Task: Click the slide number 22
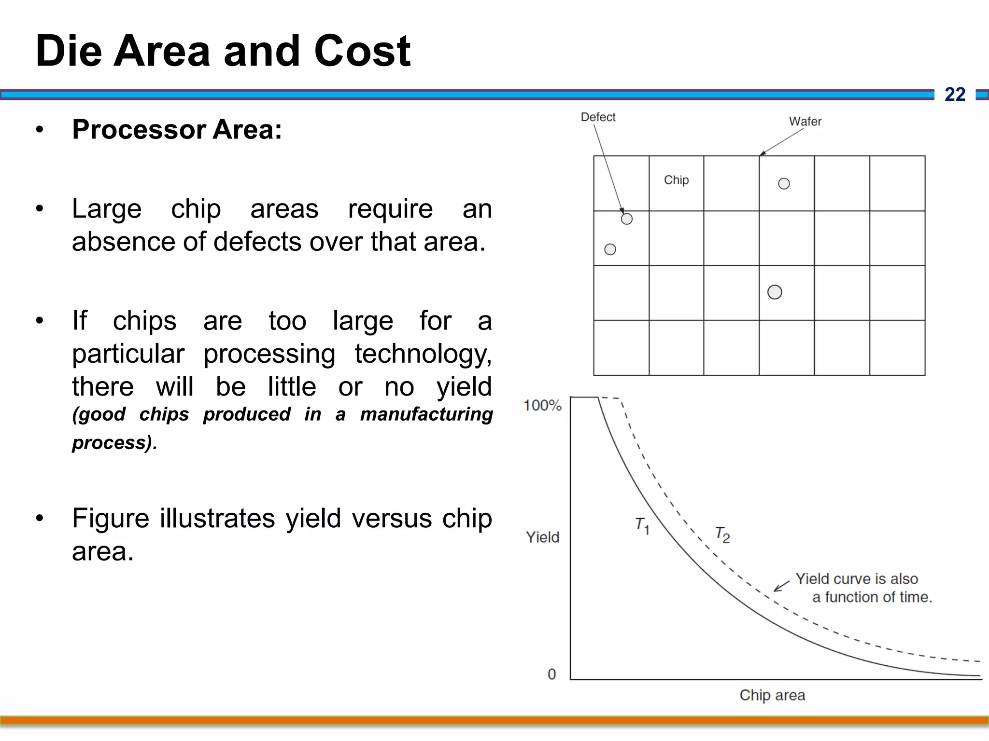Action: coord(955,95)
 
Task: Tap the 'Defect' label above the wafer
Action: coord(598,117)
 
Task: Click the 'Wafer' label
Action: coord(805,122)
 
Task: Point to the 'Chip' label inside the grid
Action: coord(676,180)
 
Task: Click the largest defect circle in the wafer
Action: coord(775,292)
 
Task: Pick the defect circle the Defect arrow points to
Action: coord(626,219)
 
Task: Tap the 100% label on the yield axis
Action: coord(542,406)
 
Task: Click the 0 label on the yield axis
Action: coord(551,674)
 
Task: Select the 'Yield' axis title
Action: coord(542,537)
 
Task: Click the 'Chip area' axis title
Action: coord(772,695)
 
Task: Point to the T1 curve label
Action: coord(642,525)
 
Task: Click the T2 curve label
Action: coord(722,535)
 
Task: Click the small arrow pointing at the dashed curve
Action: coord(781,586)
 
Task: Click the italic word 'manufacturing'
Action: coord(426,414)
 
